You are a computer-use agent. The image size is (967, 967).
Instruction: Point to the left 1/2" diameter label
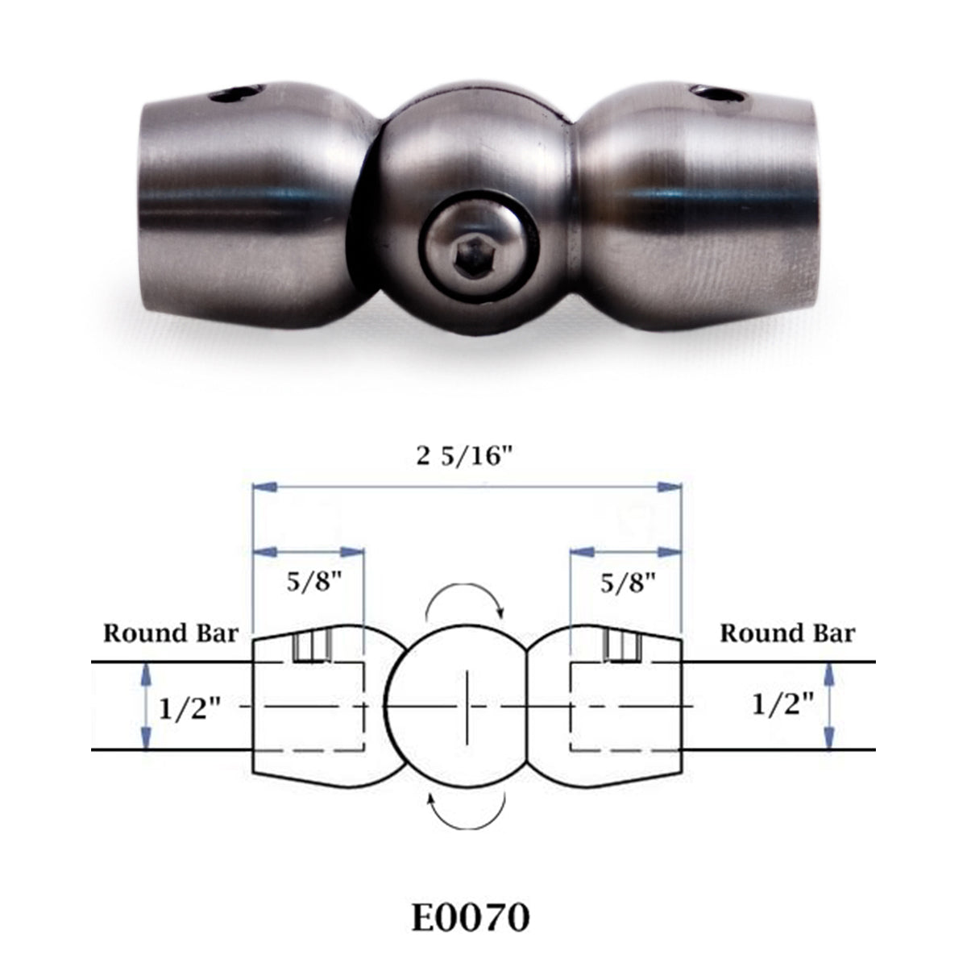pos(190,708)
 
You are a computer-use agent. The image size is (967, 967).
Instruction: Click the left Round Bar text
pos(171,633)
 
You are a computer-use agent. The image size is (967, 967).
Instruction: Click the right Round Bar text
pos(787,633)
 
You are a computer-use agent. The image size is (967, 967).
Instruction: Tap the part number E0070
pos(471,918)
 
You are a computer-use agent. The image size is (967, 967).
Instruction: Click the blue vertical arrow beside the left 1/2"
pos(146,706)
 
